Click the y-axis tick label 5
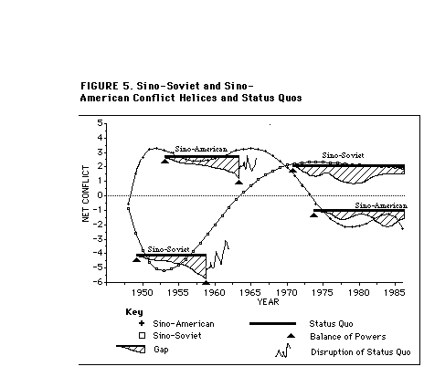tap(101, 123)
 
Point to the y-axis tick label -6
tap(98, 282)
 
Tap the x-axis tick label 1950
tap(143, 293)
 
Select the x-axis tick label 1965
tap(250, 293)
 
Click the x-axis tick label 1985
tap(395, 293)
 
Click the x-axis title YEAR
tap(268, 302)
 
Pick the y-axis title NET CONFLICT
tap(86, 194)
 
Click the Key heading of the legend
tap(134, 312)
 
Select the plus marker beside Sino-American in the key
tap(142, 323)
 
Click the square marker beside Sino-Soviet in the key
tap(142, 336)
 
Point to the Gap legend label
tap(161, 350)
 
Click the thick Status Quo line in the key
tap(272, 323)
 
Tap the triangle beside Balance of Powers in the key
tap(291, 336)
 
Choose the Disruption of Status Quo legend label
tap(361, 352)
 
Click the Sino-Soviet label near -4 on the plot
tap(168, 249)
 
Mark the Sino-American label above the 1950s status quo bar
tap(201, 149)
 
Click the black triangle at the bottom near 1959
tap(207, 283)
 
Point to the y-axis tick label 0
tap(101, 195)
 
